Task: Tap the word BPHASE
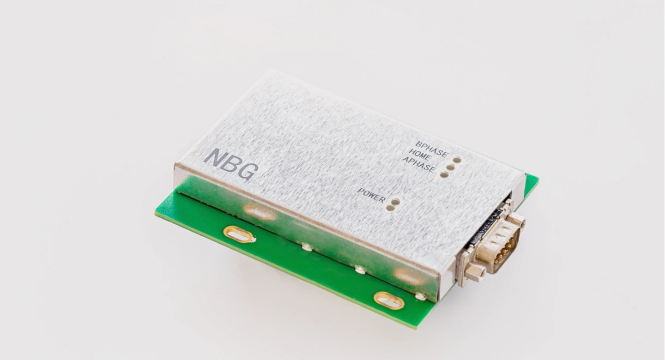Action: (x=431, y=149)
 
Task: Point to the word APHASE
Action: (x=418, y=164)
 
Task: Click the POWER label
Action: (x=371, y=195)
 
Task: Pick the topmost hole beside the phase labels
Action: (x=458, y=160)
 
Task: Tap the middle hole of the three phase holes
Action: (x=451, y=168)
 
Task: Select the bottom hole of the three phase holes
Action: (x=444, y=175)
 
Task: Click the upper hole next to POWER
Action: (x=396, y=202)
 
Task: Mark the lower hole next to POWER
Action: (x=391, y=207)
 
